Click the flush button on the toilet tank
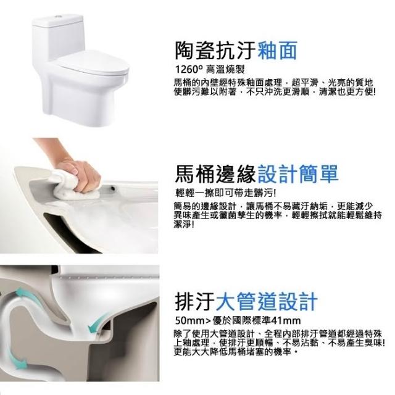[x=59, y=16]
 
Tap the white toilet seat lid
[x=94, y=62]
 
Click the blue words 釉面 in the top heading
[x=278, y=51]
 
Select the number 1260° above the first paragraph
[x=188, y=69]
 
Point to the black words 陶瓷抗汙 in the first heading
[x=215, y=51]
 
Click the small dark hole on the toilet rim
[x=114, y=188]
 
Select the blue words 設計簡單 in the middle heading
[x=297, y=173]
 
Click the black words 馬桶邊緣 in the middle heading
[x=215, y=173]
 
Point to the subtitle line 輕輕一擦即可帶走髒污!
[x=226, y=193]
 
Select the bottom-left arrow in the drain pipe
[x=17, y=360]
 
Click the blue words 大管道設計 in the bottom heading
[x=267, y=302]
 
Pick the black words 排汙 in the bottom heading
[x=194, y=302]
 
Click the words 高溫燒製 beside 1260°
[x=225, y=69]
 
